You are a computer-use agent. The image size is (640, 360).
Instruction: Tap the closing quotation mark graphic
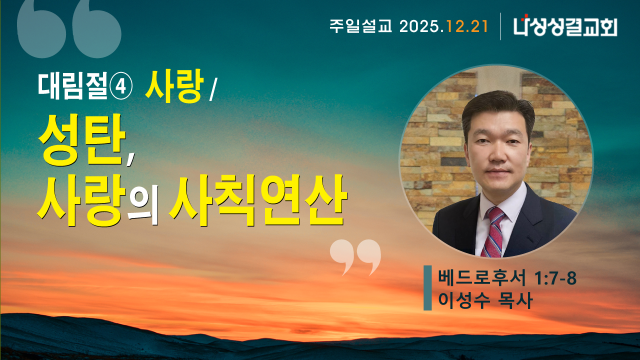[x=355, y=256]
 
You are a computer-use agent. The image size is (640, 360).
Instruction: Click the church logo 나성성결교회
[x=565, y=26]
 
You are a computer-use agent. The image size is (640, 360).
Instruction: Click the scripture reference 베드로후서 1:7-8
[x=506, y=278]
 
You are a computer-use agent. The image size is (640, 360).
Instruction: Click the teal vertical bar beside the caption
[x=427, y=288]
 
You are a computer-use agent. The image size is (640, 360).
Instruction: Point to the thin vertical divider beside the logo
[x=500, y=26]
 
